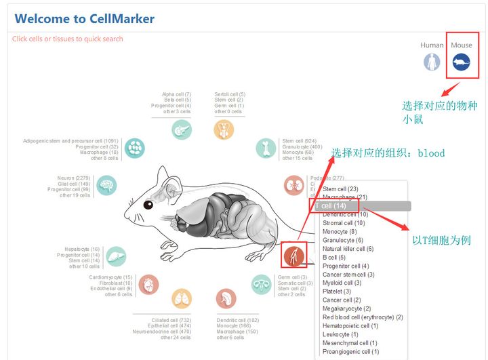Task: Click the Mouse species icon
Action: pos(461,63)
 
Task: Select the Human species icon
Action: pos(432,62)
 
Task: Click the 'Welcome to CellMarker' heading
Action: pos(85,19)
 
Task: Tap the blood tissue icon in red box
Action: pos(294,256)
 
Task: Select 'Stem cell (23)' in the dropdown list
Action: pos(340,189)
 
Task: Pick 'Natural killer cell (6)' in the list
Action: pos(348,249)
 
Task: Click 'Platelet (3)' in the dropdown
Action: pos(337,292)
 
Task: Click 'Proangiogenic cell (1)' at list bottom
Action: pos(350,352)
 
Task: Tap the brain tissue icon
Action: pos(106,186)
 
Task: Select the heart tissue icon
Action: pos(148,285)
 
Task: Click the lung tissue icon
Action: pos(182,298)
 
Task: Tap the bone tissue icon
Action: pos(266,148)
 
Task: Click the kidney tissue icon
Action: pos(293,185)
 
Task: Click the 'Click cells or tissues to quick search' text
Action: pos(68,39)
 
